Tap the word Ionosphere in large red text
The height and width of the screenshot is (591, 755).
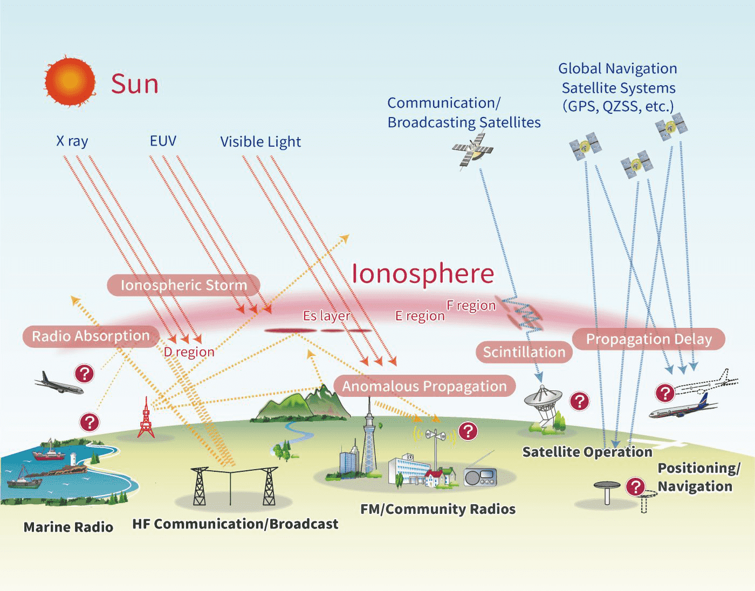click(x=423, y=274)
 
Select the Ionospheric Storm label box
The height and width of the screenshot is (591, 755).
click(x=183, y=285)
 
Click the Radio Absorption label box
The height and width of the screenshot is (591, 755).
click(x=91, y=336)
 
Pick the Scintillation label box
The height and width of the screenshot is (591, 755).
click(x=524, y=352)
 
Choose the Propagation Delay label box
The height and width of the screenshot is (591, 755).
click(x=649, y=339)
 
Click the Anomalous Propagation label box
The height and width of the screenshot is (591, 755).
click(x=424, y=386)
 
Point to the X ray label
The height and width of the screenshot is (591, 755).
click(x=72, y=141)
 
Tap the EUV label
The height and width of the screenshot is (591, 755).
click(x=163, y=141)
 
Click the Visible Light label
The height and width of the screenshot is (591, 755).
click(x=260, y=142)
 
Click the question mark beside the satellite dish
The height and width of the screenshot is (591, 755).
click(x=580, y=401)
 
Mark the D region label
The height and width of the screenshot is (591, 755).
click(x=189, y=352)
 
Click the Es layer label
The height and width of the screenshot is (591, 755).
click(x=326, y=315)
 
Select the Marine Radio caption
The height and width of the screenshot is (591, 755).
click(x=68, y=527)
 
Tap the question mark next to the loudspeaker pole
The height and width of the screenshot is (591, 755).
click(x=468, y=431)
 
